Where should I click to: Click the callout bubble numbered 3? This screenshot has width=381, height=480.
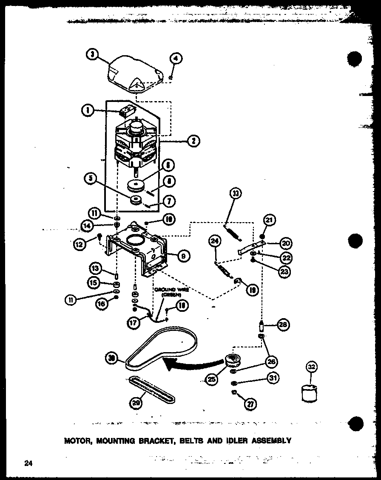[x=92, y=54]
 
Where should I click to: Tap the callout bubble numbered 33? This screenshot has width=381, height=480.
[x=235, y=194]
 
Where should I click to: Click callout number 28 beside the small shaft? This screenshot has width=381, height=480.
[x=282, y=325]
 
